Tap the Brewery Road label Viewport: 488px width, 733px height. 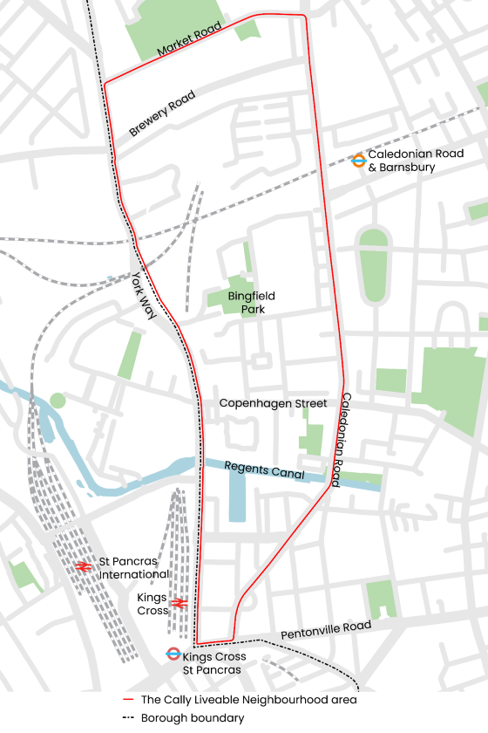[162, 113]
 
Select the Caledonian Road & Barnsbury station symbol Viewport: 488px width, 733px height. [358, 160]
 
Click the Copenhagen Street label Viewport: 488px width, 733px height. [273, 403]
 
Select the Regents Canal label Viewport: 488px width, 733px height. [264, 470]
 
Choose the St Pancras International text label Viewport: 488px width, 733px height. [133, 567]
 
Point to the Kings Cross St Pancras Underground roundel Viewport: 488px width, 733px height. [173, 654]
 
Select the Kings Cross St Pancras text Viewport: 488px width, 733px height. [214, 663]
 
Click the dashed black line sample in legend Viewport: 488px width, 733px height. [130, 718]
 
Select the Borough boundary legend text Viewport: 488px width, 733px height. [193, 718]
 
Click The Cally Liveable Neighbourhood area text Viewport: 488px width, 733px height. [249, 700]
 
